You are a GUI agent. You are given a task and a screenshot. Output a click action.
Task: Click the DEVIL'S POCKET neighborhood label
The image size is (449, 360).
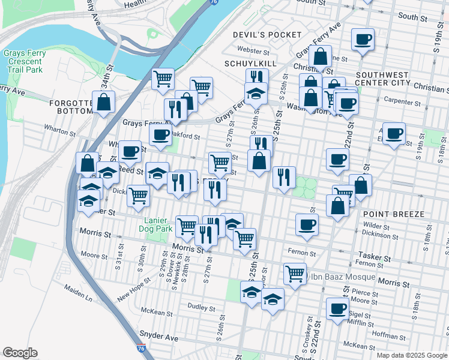point(267,35)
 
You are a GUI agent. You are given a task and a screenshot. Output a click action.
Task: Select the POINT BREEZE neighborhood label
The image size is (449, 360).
point(393,214)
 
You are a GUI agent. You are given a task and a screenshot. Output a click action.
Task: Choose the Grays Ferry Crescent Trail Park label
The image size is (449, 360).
point(25,61)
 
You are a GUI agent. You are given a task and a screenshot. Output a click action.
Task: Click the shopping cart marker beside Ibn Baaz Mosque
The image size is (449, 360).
point(295,273)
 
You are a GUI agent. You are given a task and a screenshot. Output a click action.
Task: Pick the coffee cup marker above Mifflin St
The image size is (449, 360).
point(337,308)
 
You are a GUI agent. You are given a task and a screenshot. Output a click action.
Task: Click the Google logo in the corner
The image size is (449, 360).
point(20,352)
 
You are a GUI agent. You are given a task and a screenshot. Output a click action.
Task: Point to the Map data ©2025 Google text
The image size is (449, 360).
point(411,355)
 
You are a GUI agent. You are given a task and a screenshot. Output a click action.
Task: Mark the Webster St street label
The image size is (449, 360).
point(253,51)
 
